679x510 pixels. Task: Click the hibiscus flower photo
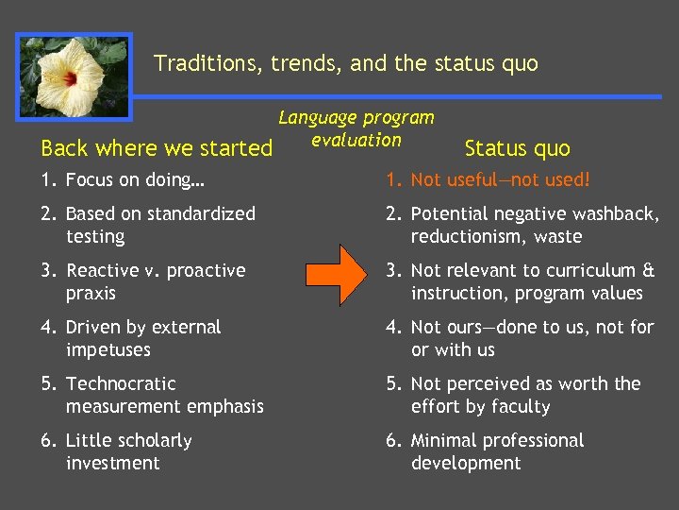tap(74, 76)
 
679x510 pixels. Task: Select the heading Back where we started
tap(157, 148)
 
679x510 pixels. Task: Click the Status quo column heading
tap(518, 148)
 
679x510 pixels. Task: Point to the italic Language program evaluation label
tap(356, 128)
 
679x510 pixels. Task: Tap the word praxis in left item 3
tap(91, 293)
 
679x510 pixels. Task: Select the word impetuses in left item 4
tap(108, 349)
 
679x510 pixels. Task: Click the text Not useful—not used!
tap(501, 179)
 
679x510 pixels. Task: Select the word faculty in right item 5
tap(519, 406)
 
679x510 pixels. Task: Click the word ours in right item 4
tap(460, 327)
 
